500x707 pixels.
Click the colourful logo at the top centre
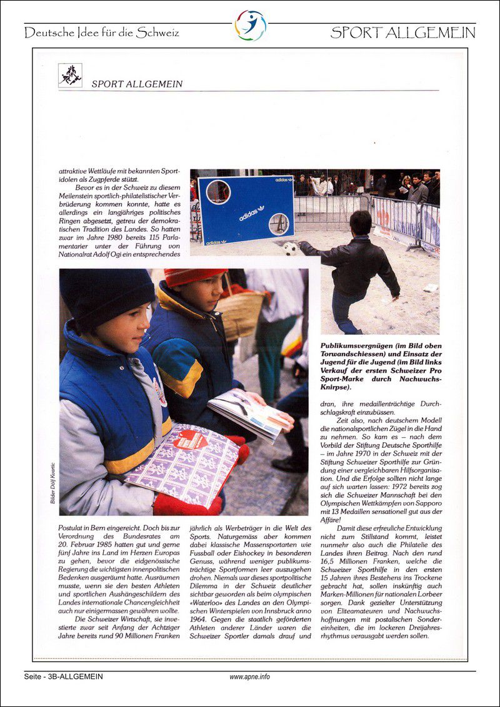pyautogui.click(x=250, y=26)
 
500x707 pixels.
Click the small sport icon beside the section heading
pyautogui.click(x=70, y=76)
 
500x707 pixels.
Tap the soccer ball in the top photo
pyautogui.click(x=291, y=249)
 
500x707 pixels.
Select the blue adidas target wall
pyautogui.click(x=246, y=209)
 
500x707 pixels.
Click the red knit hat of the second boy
pyautogui.click(x=194, y=277)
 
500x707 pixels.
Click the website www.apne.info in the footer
pyautogui.click(x=249, y=676)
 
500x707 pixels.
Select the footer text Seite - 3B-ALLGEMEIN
pyautogui.click(x=63, y=676)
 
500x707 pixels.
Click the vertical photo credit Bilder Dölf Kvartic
pyautogui.click(x=53, y=478)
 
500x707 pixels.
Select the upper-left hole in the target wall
pyautogui.click(x=218, y=191)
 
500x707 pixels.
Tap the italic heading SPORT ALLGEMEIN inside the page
pyautogui.click(x=137, y=84)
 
